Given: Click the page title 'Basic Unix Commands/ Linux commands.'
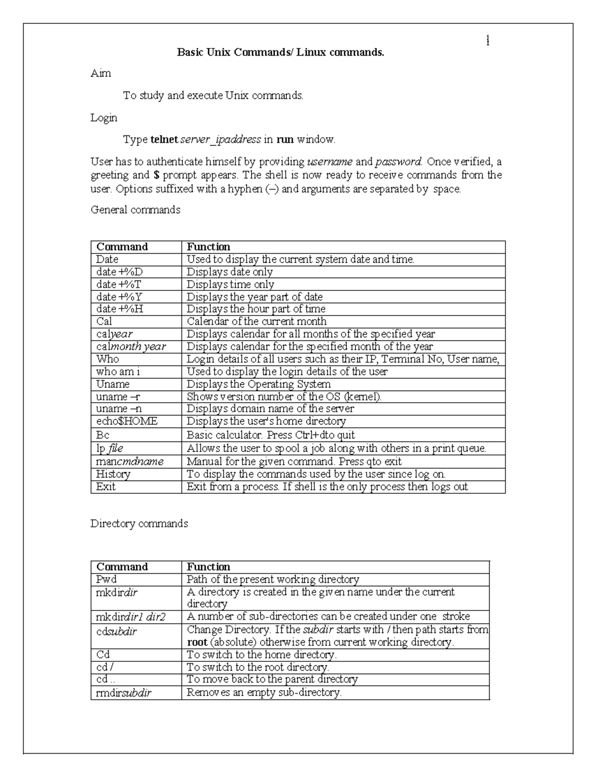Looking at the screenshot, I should (x=280, y=52).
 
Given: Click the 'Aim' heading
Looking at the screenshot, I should (x=101, y=74).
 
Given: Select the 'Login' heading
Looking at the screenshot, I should (x=104, y=118).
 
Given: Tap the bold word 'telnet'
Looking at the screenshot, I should (x=164, y=140).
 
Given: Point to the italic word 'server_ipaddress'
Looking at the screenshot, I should (x=220, y=140).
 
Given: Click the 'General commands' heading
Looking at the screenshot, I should (x=135, y=210).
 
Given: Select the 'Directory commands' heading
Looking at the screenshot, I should (x=139, y=524).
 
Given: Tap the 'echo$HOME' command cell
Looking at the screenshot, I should (x=127, y=421).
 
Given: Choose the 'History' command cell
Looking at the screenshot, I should (x=113, y=474).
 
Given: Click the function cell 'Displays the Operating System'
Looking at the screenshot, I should (x=258, y=384).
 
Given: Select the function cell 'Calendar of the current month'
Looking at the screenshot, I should (x=256, y=322).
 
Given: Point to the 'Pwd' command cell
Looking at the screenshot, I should (x=106, y=579).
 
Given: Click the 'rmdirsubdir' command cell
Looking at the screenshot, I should (x=124, y=693).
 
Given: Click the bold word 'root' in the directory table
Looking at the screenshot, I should (x=197, y=643).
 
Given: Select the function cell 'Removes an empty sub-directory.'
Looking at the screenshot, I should (x=264, y=693).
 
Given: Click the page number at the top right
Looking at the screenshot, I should (x=488, y=41).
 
